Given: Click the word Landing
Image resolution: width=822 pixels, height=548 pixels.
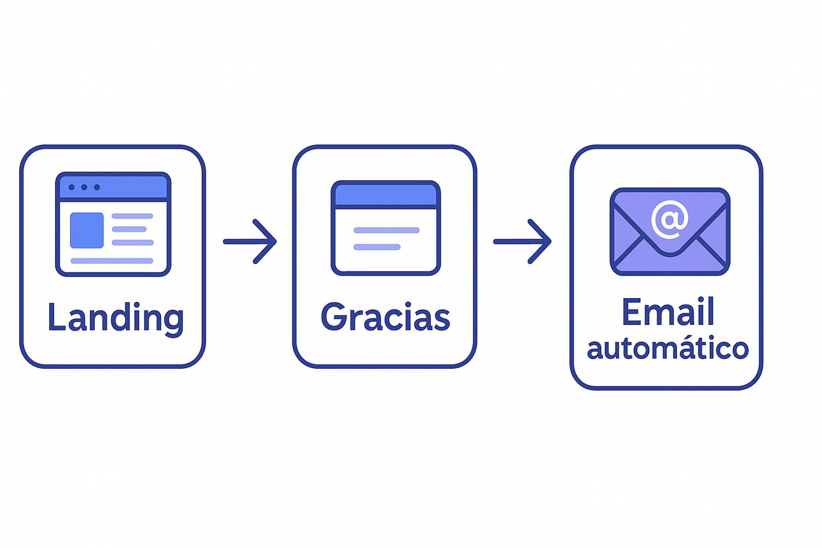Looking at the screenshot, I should (x=115, y=317).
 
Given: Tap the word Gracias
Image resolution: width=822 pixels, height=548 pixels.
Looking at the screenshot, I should (x=385, y=317).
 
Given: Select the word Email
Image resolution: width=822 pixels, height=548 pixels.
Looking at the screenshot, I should (x=668, y=312).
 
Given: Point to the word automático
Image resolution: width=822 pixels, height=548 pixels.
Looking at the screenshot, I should (x=667, y=349).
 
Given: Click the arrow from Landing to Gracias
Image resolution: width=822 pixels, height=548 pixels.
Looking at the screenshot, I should (x=250, y=242).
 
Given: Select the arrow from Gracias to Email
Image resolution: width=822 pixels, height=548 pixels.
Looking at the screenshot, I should (x=522, y=242).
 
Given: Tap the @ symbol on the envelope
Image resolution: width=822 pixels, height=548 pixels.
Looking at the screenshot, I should (x=669, y=219).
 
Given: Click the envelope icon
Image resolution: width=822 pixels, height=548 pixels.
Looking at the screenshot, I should (x=670, y=231).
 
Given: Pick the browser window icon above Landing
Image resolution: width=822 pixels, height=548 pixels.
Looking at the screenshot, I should (x=113, y=224).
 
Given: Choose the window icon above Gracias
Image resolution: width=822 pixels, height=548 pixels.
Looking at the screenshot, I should (x=385, y=227).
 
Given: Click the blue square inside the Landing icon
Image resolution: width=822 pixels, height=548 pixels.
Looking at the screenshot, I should (x=87, y=230).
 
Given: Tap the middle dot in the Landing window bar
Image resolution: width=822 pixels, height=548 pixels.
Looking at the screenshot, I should (x=84, y=187).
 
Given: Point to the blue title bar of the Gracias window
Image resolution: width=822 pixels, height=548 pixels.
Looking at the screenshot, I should (x=385, y=195).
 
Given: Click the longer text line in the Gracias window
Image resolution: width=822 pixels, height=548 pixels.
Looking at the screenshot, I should (x=386, y=230).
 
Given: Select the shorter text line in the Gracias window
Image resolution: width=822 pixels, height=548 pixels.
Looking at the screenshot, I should (x=377, y=247).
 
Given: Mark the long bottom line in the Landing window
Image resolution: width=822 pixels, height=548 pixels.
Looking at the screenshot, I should (x=112, y=261).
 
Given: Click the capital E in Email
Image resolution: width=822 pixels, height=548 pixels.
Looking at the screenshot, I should (x=632, y=312).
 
